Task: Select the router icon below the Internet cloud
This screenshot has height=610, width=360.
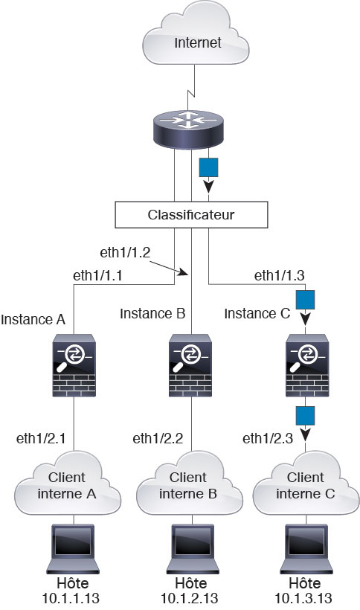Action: pyautogui.click(x=188, y=129)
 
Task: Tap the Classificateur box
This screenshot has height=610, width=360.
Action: pyautogui.click(x=191, y=214)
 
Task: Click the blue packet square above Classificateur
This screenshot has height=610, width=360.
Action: pyautogui.click(x=208, y=167)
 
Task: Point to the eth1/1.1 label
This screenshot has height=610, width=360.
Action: pyautogui.click(x=97, y=275)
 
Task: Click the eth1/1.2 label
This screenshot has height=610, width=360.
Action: pyautogui.click(x=125, y=252)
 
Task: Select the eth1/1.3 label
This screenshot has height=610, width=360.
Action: pyautogui.click(x=280, y=275)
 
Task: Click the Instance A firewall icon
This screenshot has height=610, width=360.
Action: pyautogui.click(x=74, y=365)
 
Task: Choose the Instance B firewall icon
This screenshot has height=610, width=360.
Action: pyautogui.click(x=190, y=365)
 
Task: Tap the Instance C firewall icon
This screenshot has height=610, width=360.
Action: pyautogui.click(x=307, y=365)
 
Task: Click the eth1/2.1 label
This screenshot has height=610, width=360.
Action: pyautogui.click(x=41, y=438)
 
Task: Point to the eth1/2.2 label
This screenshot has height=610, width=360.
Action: pyautogui.click(x=158, y=438)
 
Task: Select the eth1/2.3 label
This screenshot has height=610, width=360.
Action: pyautogui.click(x=268, y=438)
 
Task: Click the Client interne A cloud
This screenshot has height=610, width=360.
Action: pyautogui.click(x=67, y=484)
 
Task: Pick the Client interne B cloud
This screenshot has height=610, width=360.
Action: pyautogui.click(x=190, y=484)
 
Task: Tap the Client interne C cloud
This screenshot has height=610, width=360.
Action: pyautogui.click(x=306, y=484)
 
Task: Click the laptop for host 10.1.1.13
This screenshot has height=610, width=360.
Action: pyautogui.click(x=73, y=549)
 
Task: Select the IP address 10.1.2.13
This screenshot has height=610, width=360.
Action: pyautogui.click(x=190, y=598)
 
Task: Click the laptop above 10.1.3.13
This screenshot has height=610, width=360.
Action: pyautogui.click(x=306, y=549)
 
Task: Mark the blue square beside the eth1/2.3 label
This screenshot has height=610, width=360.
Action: pyautogui.click(x=305, y=416)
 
